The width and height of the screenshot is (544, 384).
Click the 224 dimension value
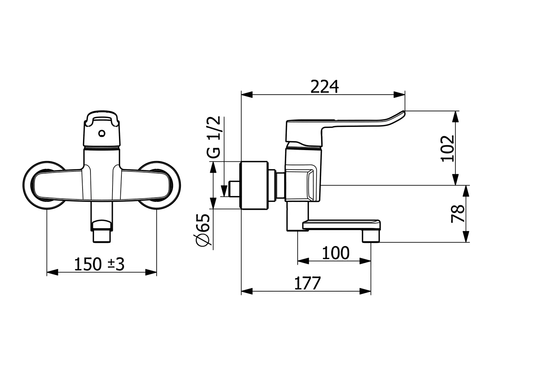(324, 87)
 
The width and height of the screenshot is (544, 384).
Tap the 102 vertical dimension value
(448, 148)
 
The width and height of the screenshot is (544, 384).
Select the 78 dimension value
(457, 214)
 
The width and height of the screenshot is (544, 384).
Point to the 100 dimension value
(336, 253)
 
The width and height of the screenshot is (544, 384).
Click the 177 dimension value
(308, 283)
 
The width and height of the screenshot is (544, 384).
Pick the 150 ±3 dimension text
(99, 264)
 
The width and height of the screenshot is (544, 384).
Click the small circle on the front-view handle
(102, 133)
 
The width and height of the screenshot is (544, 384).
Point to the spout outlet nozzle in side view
(371, 236)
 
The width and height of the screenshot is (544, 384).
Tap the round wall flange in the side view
(254, 185)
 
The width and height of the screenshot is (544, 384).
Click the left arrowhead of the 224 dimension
(247, 95)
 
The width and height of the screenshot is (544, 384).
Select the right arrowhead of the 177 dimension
(365, 291)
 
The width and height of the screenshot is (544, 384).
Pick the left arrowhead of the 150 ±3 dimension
(52, 272)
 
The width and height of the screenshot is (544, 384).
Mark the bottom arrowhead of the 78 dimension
(466, 236)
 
